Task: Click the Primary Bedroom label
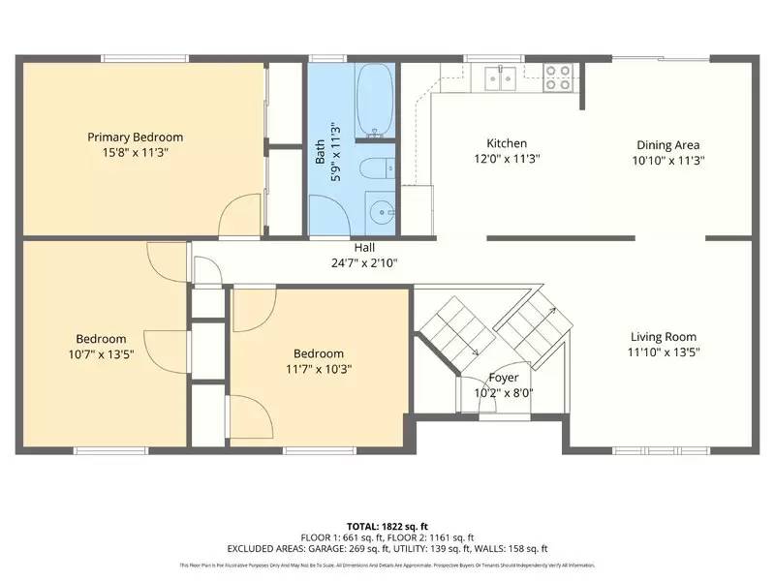(135, 137)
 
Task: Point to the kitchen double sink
(500, 77)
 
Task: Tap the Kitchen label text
(507, 143)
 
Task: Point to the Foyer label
(504, 378)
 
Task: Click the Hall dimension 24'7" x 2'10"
(364, 262)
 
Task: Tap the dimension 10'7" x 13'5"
(101, 354)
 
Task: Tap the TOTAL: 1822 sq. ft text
(387, 525)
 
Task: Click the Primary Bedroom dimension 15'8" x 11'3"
(135, 152)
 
